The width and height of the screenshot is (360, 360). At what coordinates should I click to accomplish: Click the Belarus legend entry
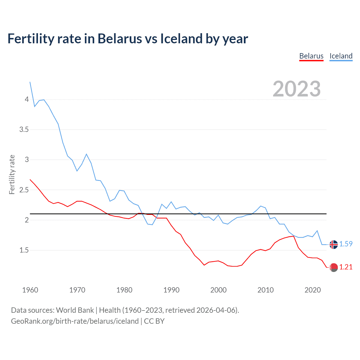tap(311, 56)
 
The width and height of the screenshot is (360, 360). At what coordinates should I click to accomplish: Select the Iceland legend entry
tap(341, 56)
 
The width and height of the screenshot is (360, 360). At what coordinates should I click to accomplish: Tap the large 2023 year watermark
tap(296, 89)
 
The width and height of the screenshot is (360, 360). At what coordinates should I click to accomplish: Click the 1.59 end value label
tap(346, 244)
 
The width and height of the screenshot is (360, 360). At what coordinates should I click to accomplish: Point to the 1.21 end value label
tap(346, 267)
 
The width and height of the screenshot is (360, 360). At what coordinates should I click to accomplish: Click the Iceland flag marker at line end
tap(334, 244)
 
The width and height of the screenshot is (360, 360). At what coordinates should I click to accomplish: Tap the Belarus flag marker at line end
tap(334, 267)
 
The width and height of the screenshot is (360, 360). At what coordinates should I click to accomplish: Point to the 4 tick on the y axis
tap(27, 100)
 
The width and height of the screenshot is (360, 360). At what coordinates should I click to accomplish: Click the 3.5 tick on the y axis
tap(24, 130)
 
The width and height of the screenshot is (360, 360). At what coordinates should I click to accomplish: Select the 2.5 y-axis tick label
tap(24, 190)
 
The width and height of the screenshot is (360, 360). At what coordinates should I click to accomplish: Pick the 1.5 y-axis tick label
tap(24, 250)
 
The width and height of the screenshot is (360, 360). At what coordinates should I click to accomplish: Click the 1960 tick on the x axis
tap(30, 290)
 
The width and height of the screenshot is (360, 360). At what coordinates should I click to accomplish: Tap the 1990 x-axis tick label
tap(171, 290)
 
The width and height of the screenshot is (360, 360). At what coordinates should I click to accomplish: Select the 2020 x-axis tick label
tap(312, 290)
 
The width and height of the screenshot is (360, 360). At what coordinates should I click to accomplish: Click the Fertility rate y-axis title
tap(12, 174)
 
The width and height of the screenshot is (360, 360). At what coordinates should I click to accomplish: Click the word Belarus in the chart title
tap(120, 39)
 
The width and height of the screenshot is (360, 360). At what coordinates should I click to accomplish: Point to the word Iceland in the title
tap(182, 39)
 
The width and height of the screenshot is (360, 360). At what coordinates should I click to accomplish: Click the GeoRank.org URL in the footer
tap(75, 321)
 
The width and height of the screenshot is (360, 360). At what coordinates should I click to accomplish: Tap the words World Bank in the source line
tap(75, 310)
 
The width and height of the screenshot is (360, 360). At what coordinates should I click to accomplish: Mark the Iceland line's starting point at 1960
tap(30, 82)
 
